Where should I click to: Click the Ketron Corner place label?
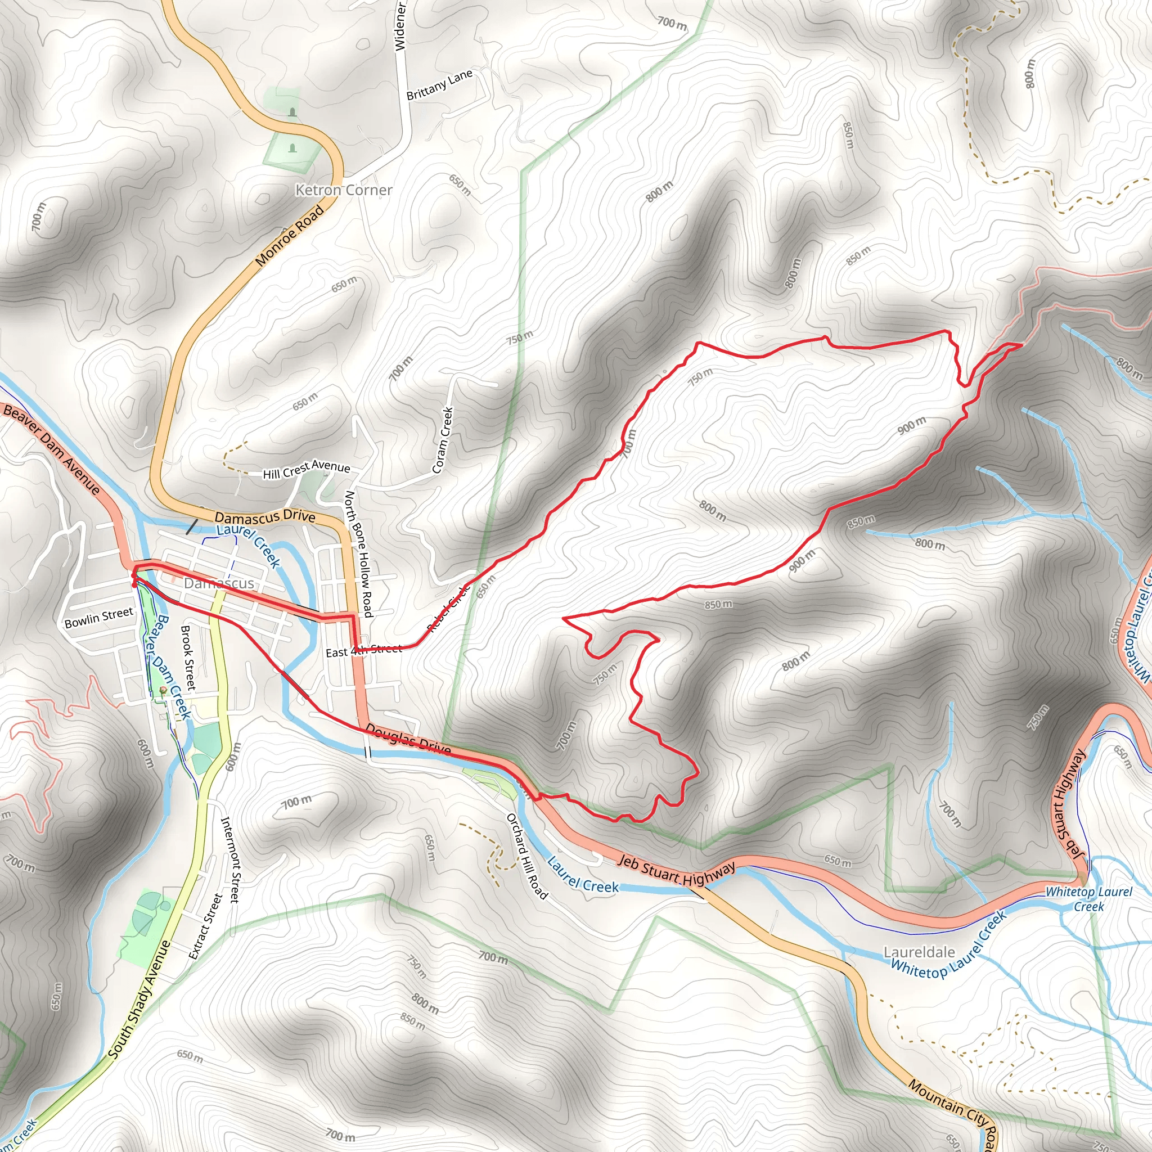[344, 190]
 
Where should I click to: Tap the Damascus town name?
[219, 583]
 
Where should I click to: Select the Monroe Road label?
[290, 236]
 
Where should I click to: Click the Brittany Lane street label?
[439, 85]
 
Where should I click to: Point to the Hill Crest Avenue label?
[307, 469]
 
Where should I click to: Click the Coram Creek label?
[443, 440]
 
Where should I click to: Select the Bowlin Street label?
[99, 618]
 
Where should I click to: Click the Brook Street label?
[188, 657]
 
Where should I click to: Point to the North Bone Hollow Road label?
[359, 553]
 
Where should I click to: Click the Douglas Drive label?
[408, 739]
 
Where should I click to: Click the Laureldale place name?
[919, 952]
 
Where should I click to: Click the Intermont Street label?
[230, 859]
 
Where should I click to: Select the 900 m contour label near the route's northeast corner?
[912, 425]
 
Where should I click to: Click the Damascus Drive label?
[265, 517]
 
